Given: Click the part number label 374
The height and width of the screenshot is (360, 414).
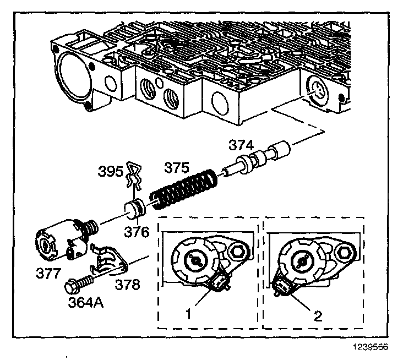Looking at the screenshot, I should point(242,145).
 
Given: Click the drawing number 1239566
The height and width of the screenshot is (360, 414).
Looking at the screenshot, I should point(380,347).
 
